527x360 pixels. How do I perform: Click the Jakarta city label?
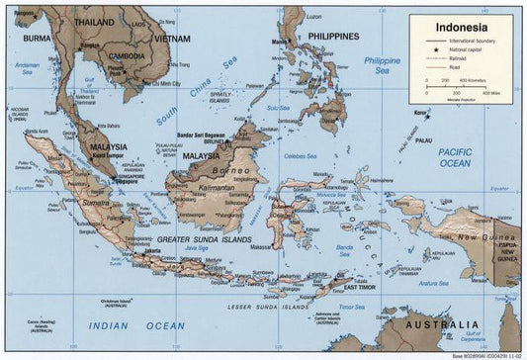coord(151,250)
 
